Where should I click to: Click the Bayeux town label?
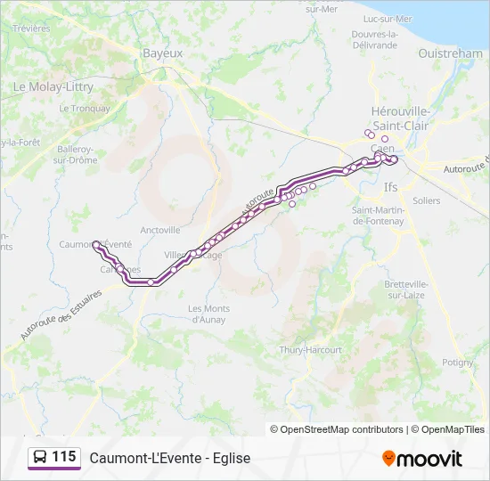pyautogui.click(x=162, y=53)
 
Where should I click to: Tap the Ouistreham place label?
pyautogui.click(x=450, y=53)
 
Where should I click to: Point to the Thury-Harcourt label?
pyautogui.click(x=310, y=350)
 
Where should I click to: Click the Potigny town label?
pyautogui.click(x=458, y=363)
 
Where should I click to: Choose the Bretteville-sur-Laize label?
pyautogui.click(x=406, y=289)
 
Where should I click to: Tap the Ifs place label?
pyautogui.click(x=390, y=188)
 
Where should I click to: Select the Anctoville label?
pyautogui.click(x=160, y=229)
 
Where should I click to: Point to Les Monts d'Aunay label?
pyautogui.click(x=208, y=313)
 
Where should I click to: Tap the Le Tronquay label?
pyautogui.click(x=85, y=109)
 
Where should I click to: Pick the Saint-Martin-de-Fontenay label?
pyautogui.click(x=380, y=215)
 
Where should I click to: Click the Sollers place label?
pyautogui.click(x=427, y=201)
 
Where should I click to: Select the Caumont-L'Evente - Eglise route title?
pyautogui.click(x=169, y=458)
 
